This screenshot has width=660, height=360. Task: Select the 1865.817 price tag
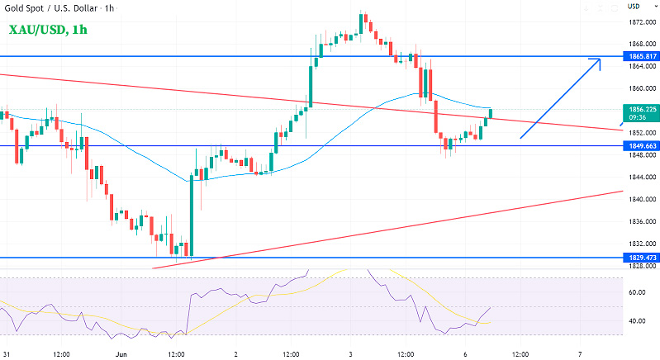(640, 55)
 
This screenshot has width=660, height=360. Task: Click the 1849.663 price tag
(640, 145)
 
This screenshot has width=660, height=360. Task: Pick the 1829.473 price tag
(640, 258)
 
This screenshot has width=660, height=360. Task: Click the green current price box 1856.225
(640, 108)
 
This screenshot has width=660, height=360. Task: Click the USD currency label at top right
(634, 6)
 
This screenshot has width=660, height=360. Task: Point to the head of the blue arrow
(599, 60)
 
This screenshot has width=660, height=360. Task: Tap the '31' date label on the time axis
(7, 353)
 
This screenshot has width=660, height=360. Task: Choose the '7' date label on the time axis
(581, 353)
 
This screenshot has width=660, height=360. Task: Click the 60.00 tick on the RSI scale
(637, 292)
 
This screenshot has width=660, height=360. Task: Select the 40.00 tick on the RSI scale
(637, 321)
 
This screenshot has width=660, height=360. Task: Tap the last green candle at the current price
(491, 113)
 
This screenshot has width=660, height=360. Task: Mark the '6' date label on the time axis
(465, 353)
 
